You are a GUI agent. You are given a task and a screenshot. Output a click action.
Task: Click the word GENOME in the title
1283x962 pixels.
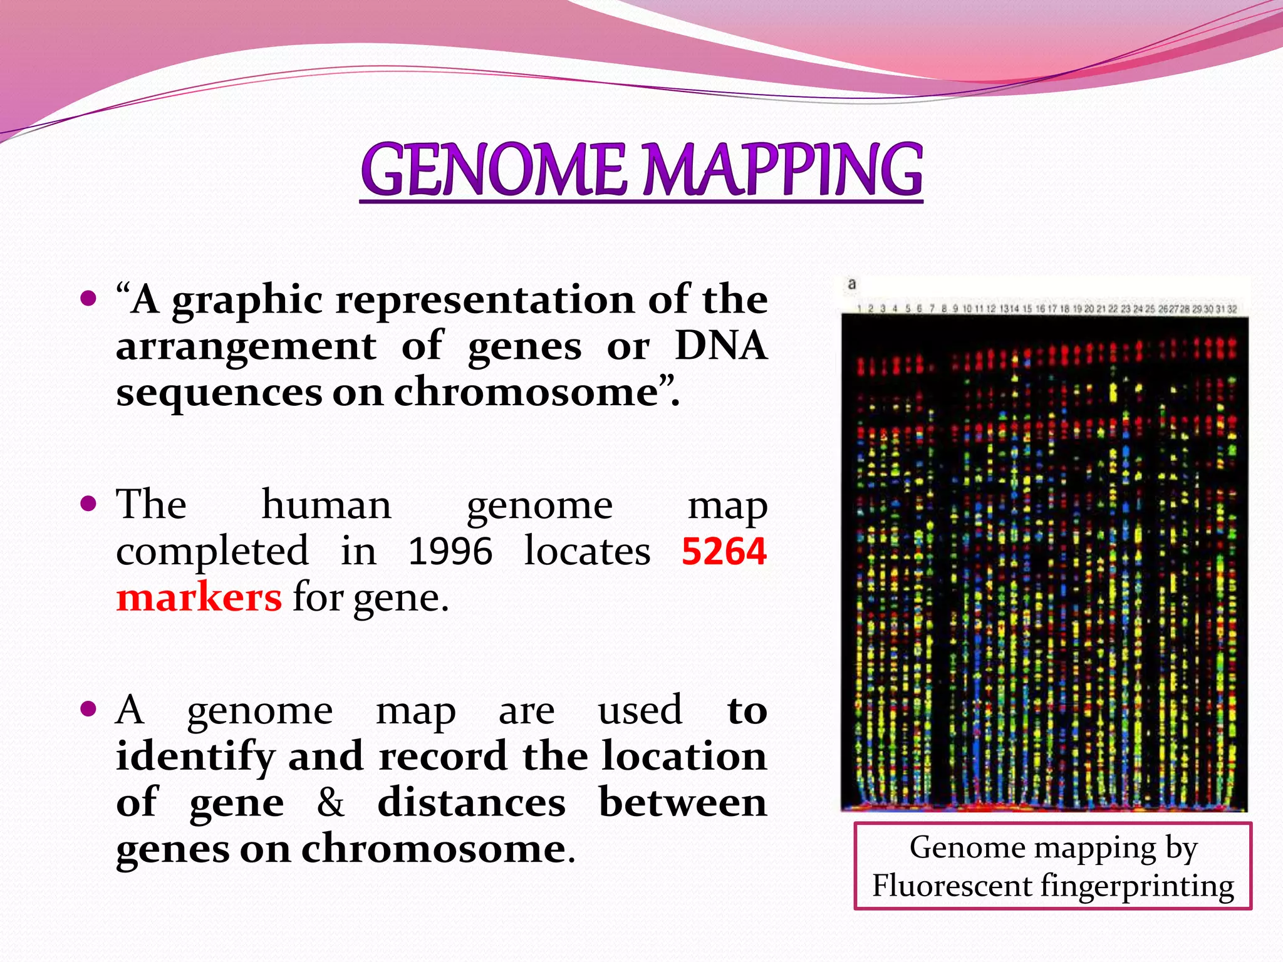[493, 169]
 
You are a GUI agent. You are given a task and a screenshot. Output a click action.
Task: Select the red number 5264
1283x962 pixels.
[724, 552]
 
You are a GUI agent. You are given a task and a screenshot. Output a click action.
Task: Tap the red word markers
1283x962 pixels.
[199, 597]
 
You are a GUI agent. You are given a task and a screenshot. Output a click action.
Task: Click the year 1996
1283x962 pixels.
[450, 552]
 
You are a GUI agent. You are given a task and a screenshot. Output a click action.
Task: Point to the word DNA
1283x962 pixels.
[720, 345]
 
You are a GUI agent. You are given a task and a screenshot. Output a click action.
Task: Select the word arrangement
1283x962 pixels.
[246, 345]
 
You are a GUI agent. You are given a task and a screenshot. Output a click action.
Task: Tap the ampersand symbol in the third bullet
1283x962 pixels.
[330, 802]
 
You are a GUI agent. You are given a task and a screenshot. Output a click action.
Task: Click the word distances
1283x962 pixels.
[471, 802]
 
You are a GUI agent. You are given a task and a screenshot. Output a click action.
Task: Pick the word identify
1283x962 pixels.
[195, 757]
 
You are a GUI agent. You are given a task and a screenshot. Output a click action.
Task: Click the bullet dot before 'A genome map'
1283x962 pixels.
[89, 709]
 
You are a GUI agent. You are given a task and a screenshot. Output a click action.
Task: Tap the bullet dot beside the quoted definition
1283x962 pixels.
[89, 297]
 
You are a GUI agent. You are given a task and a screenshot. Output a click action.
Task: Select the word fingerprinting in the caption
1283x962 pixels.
[1137, 886]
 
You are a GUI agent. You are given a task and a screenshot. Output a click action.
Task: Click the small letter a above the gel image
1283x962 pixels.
[851, 284]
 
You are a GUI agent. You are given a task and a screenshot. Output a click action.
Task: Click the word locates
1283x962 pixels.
[587, 552]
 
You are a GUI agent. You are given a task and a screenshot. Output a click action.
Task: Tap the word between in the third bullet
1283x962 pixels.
[683, 802]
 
